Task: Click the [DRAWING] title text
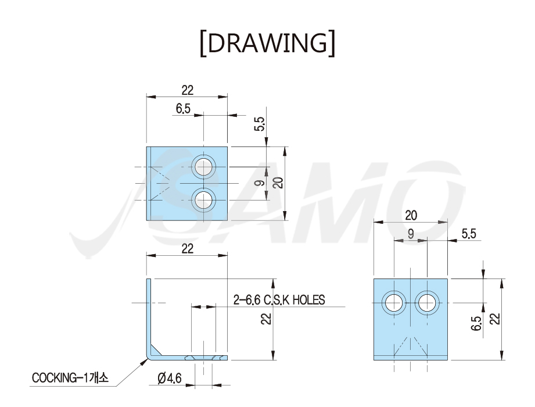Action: click(267, 43)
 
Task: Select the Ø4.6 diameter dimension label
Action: click(170, 379)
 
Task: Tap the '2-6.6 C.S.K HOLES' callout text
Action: click(279, 300)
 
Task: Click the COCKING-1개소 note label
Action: click(70, 378)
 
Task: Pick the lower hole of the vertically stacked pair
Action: click(204, 200)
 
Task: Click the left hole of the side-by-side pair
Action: click(394, 303)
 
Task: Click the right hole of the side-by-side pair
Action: click(427, 303)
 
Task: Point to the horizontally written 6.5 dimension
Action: click(183, 109)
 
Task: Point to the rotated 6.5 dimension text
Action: click(477, 323)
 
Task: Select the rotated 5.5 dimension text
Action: click(260, 124)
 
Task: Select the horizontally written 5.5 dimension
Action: click(469, 234)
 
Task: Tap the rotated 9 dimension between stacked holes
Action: click(260, 183)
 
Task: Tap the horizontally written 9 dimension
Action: click(411, 234)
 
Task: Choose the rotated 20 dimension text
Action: click(279, 183)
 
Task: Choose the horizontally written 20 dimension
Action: click(411, 216)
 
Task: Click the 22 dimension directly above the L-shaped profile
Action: click(187, 249)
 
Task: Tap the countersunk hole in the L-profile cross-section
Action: click(204, 358)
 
